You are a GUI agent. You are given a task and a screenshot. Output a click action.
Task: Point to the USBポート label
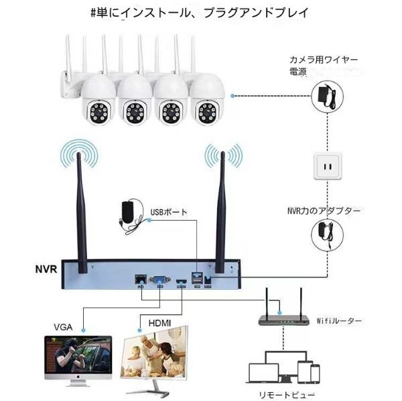(170, 212)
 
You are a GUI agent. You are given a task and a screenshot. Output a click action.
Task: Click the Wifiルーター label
(338, 321)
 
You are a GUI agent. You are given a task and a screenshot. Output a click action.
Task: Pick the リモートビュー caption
(291, 394)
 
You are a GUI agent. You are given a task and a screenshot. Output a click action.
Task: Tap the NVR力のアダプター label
(324, 210)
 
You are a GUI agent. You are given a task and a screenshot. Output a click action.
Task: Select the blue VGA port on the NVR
(160, 278)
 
